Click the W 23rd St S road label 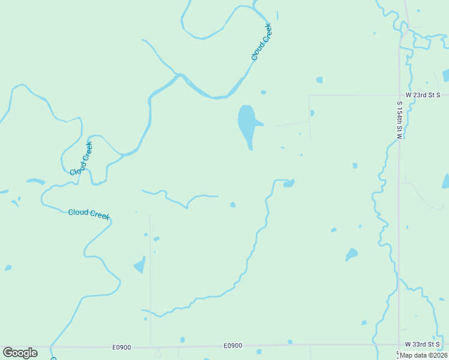[423, 95]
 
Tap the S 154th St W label [399, 120]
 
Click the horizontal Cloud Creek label [89, 213]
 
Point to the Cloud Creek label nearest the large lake [262, 42]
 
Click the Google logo [20, 353]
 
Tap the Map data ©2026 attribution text [423, 355]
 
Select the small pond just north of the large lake [263, 92]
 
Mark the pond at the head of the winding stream [289, 183]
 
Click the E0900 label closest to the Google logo [121, 347]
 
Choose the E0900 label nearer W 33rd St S [233, 346]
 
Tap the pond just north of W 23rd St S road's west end [319, 80]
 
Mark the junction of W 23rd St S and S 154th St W [399, 95]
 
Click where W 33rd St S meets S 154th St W [399, 344]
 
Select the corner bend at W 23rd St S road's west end [309, 95]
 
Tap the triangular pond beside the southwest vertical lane [140, 265]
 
